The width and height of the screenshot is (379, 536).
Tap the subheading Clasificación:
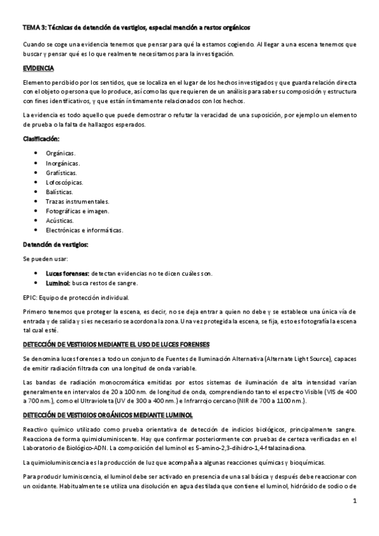(x=41, y=138)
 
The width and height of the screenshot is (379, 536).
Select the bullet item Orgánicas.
(x=61, y=154)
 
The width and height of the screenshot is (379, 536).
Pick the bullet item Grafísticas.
(x=62, y=173)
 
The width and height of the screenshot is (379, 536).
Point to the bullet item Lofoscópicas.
(x=64, y=182)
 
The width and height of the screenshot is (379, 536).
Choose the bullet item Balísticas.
(x=59, y=192)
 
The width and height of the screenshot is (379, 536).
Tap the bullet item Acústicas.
(x=59, y=220)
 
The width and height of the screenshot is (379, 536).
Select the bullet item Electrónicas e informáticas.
(x=84, y=230)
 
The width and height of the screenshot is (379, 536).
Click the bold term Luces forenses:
(x=68, y=273)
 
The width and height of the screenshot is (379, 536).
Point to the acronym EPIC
(x=30, y=297)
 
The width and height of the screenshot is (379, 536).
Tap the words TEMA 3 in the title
(x=32, y=28)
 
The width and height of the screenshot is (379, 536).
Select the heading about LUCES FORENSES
(x=116, y=344)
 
